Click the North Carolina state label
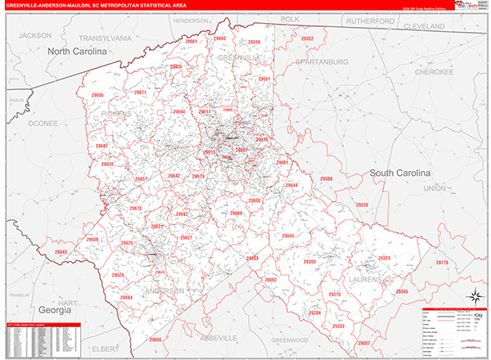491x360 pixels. click(77, 52)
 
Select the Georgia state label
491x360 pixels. click(56, 310)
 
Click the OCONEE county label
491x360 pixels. click(43, 123)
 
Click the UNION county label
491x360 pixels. click(435, 188)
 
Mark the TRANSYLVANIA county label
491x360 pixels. click(106, 38)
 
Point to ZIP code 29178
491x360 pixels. click(443, 263)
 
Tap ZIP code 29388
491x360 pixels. click(326, 178)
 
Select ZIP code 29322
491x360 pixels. click(307, 38)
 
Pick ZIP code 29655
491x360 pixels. click(156, 339)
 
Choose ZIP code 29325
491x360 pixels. click(385, 259)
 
